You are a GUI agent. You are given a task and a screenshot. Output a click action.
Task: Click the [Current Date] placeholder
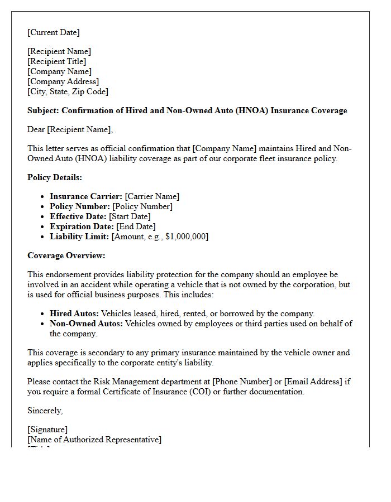(x=54, y=32)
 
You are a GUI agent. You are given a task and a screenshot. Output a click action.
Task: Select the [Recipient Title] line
(x=57, y=61)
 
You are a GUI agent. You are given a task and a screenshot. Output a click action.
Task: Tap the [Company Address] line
(x=63, y=81)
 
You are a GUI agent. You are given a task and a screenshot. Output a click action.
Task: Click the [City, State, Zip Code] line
(x=68, y=91)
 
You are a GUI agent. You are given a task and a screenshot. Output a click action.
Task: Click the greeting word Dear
(x=36, y=129)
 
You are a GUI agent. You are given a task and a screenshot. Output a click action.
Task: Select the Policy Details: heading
(x=55, y=177)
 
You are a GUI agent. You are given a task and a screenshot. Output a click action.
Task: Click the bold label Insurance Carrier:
(x=86, y=196)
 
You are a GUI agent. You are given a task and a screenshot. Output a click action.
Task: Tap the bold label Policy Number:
(x=80, y=206)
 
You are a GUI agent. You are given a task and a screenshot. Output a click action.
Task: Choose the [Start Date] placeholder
(x=130, y=216)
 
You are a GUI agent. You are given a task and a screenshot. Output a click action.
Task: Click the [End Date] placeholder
(x=136, y=226)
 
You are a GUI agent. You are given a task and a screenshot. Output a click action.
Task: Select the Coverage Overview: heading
(x=66, y=255)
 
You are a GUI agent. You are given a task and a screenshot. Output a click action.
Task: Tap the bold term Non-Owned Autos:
(x=86, y=324)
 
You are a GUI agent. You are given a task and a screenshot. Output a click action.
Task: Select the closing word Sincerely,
(x=45, y=411)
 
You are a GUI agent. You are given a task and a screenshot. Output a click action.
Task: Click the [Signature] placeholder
(x=47, y=429)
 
